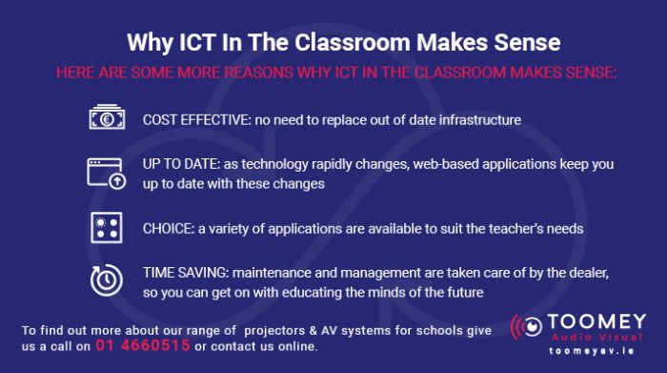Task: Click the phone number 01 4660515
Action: [x=142, y=346]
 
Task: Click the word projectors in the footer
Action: [x=279, y=330]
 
